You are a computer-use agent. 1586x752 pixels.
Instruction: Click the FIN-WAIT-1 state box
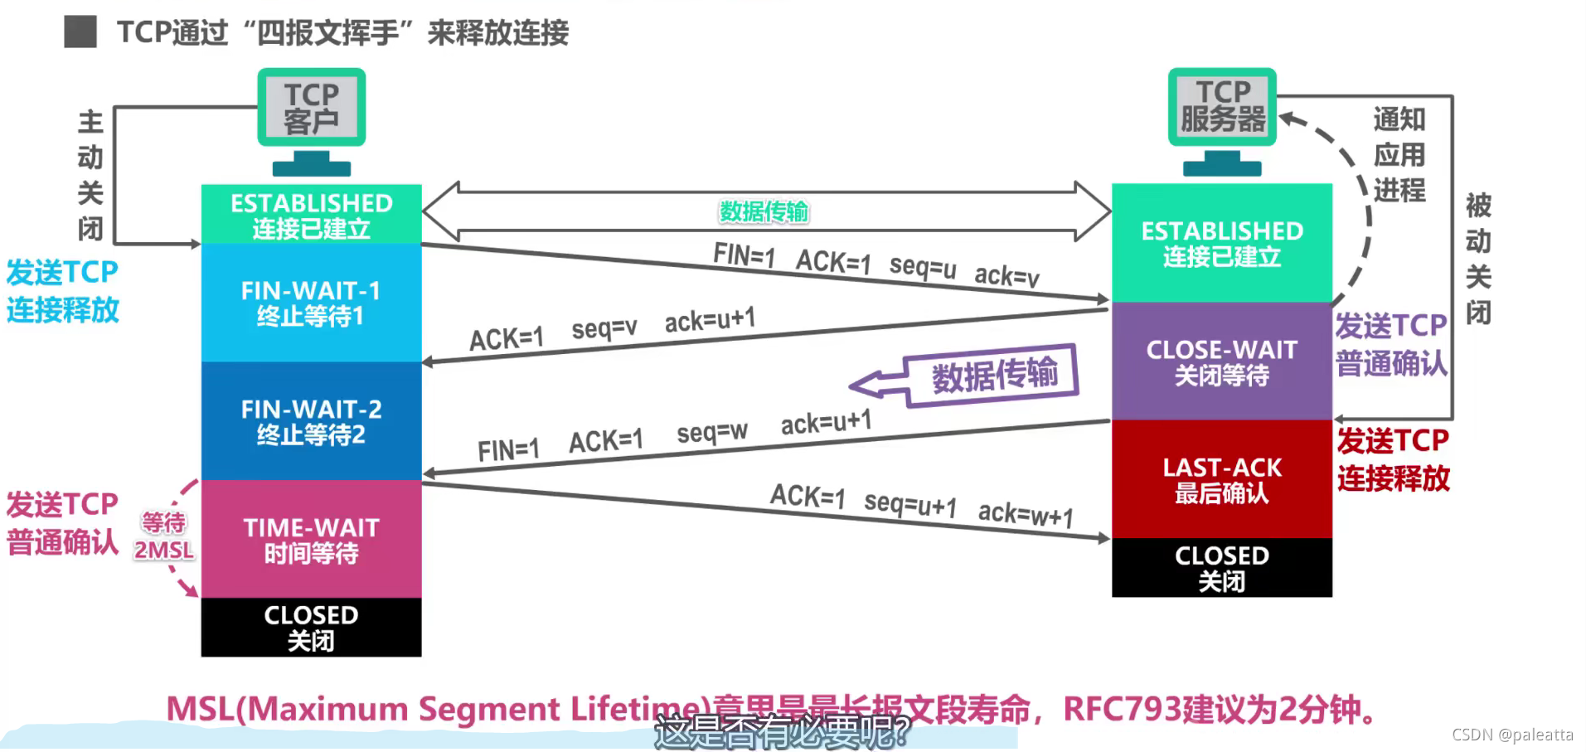tap(311, 303)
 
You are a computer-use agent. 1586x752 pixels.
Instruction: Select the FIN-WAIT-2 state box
tap(311, 421)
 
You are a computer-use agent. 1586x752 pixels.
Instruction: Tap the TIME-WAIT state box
tap(311, 539)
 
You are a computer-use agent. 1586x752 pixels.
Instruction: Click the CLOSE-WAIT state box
tap(1221, 361)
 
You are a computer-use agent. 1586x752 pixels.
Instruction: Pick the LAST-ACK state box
tap(1221, 479)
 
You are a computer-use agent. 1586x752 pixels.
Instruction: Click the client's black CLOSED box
tap(311, 628)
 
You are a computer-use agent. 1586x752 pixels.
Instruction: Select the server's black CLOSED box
tap(1221, 568)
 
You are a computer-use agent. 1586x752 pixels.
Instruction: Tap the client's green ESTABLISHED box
tap(311, 214)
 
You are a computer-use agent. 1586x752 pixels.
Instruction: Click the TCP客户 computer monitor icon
tap(312, 120)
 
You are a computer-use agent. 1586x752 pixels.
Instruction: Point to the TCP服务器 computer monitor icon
tap(1222, 120)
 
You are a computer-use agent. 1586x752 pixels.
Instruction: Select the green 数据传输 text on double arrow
tap(764, 211)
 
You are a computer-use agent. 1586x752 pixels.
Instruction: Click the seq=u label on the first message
tap(923, 266)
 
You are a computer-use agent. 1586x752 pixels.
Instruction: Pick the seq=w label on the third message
tap(712, 432)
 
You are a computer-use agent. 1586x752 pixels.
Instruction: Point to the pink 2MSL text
tap(164, 551)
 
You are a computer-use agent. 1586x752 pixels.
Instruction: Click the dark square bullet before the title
tap(80, 32)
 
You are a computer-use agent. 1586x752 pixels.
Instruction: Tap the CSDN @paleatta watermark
tap(1512, 735)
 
